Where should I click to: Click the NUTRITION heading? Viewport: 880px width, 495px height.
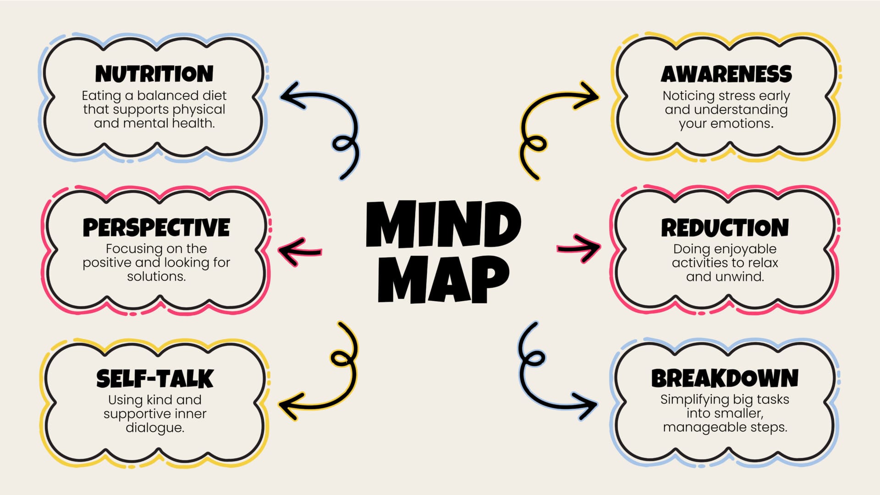pyautogui.click(x=154, y=74)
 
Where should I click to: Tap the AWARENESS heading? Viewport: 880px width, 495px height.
pyautogui.click(x=726, y=74)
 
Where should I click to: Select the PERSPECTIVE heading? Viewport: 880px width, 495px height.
pyautogui.click(x=156, y=227)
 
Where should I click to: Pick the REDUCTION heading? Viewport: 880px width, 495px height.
pyautogui.click(x=725, y=228)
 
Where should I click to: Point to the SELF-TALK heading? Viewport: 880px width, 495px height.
pyautogui.click(x=155, y=379)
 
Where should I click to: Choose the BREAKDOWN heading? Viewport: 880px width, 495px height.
pyautogui.click(x=725, y=379)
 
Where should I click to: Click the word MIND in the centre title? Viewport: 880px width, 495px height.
pyautogui.click(x=443, y=225)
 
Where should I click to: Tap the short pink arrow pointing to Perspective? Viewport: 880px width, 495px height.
pyautogui.click(x=300, y=252)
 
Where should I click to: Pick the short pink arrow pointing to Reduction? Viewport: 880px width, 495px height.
pyautogui.click(x=579, y=248)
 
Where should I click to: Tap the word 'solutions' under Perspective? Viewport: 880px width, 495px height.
pyautogui.click(x=156, y=276)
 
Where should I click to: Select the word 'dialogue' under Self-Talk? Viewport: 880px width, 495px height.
pyautogui.click(x=154, y=428)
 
